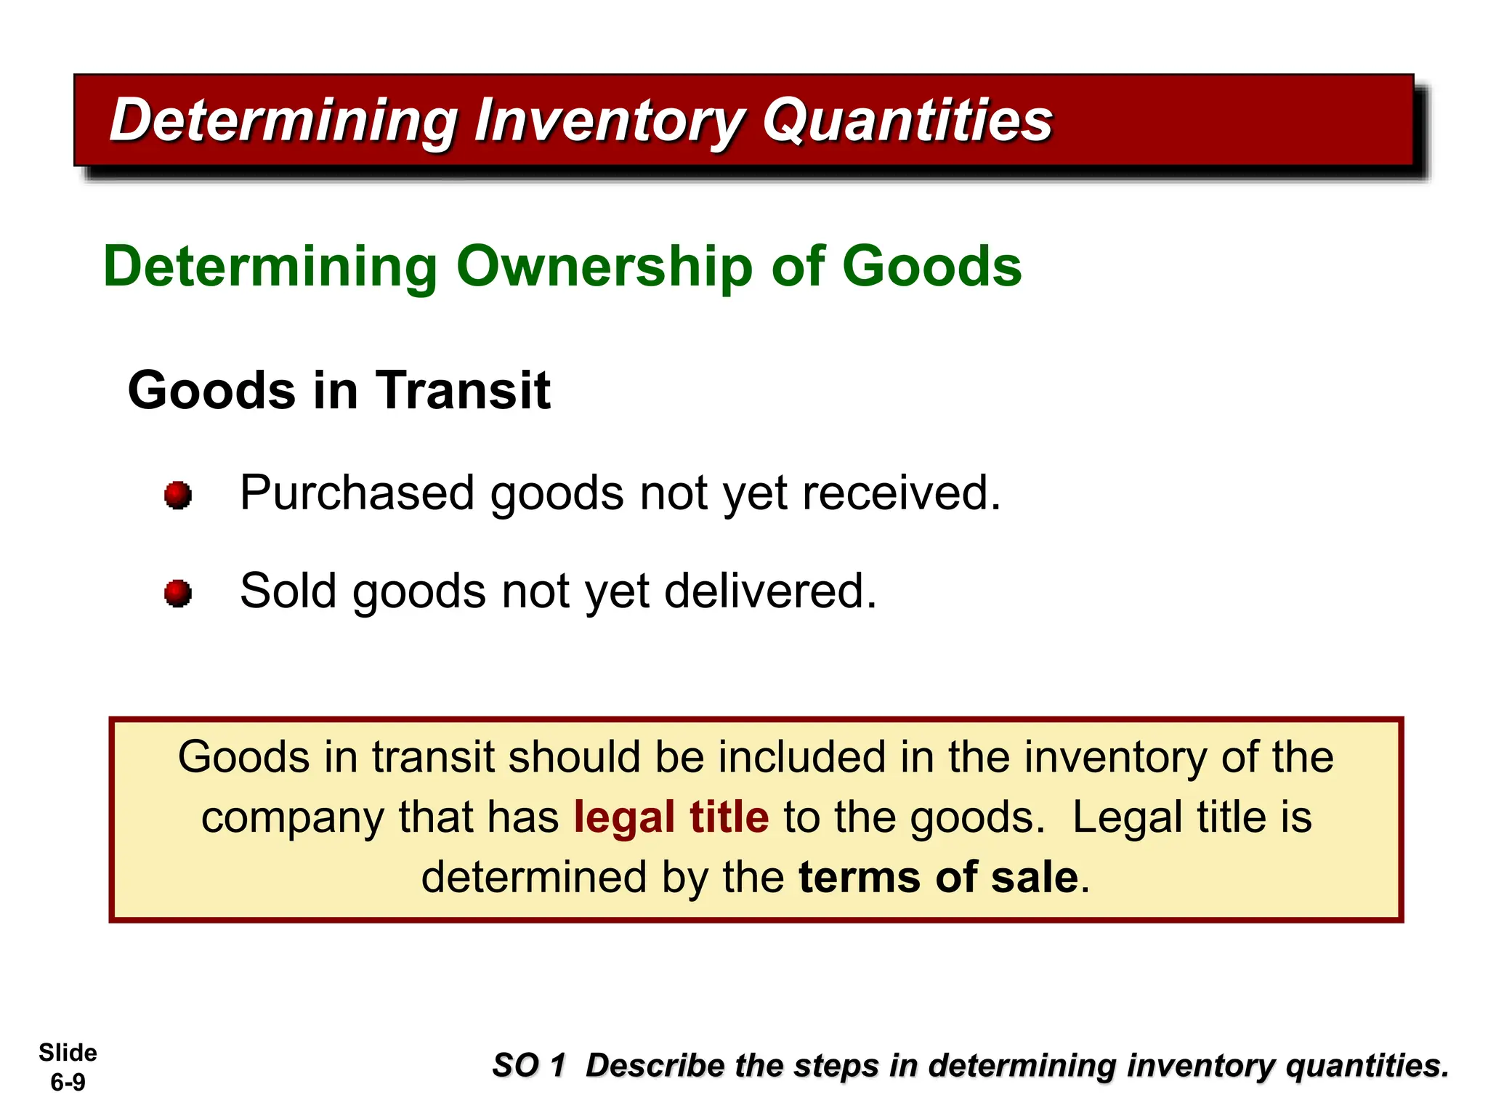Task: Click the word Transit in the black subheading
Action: (x=463, y=390)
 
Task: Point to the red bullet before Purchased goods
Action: (x=178, y=496)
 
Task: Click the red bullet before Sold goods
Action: (x=178, y=593)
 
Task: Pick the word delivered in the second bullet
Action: (x=770, y=591)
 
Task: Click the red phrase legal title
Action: (x=671, y=817)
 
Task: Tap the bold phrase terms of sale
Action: (x=938, y=877)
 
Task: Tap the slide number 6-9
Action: (x=68, y=1083)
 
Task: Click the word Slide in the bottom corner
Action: (x=68, y=1052)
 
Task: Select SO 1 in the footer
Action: (x=528, y=1066)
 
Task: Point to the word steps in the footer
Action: (x=835, y=1066)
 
